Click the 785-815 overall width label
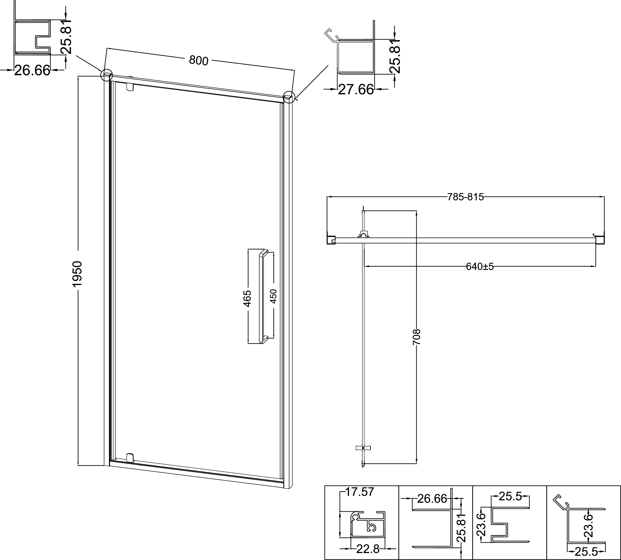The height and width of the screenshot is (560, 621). (x=465, y=197)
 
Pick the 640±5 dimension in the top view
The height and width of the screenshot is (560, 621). (x=480, y=267)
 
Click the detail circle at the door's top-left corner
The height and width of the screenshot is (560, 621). (x=107, y=75)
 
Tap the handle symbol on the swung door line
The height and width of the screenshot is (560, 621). (x=363, y=448)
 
